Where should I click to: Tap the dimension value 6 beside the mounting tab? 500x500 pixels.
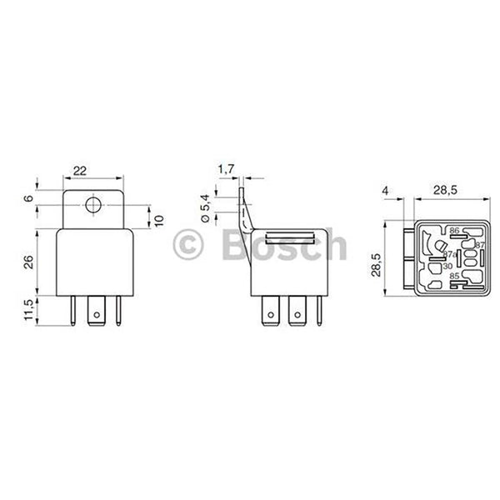pyautogui.click(x=27, y=198)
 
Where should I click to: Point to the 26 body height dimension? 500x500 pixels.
pyautogui.click(x=27, y=261)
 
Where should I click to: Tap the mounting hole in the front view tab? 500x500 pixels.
pyautogui.click(x=93, y=204)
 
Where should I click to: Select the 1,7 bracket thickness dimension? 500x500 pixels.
pyautogui.click(x=226, y=170)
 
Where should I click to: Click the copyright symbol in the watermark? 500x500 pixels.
pyautogui.click(x=190, y=247)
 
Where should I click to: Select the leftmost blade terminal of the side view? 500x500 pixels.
pyautogui.click(x=271, y=314)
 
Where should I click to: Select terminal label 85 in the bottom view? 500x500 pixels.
pyautogui.click(x=453, y=275)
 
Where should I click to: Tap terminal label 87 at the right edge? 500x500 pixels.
pyautogui.click(x=478, y=244)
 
